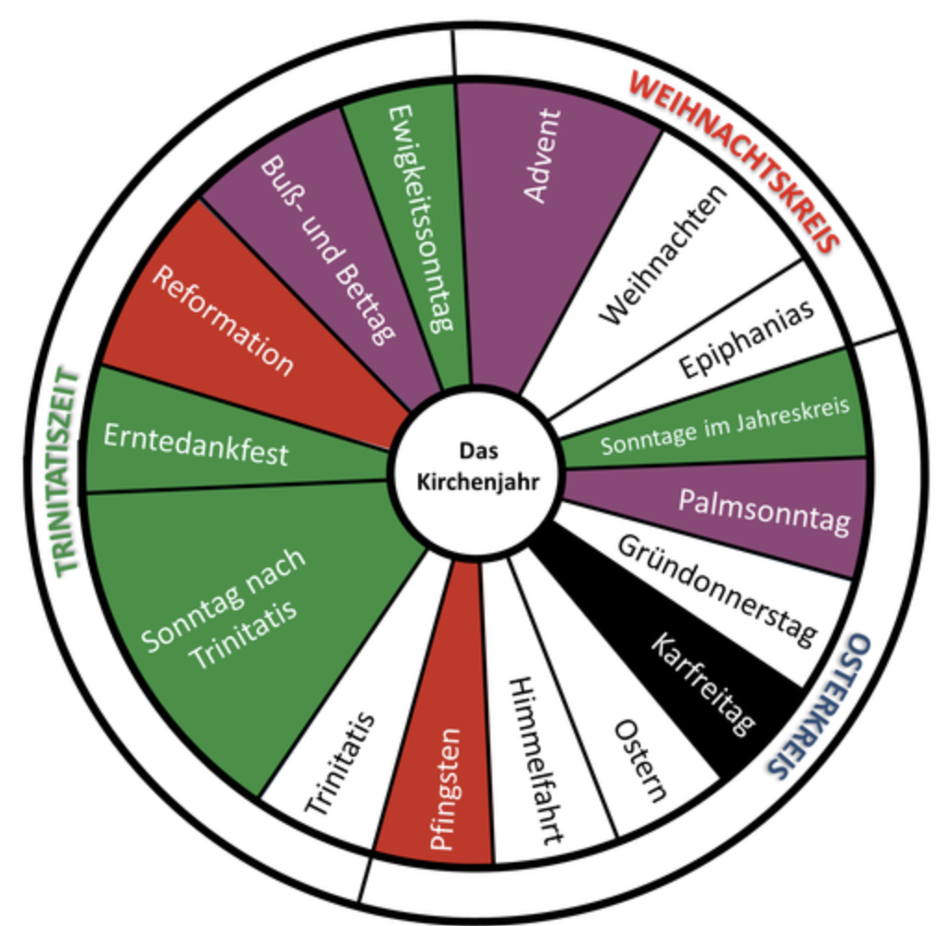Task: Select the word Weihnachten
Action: (x=664, y=255)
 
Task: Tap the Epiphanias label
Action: (x=746, y=338)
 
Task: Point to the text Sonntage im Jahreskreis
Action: (x=725, y=426)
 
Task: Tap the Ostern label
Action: (x=639, y=760)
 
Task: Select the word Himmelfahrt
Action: (x=536, y=760)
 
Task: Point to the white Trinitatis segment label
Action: (x=340, y=764)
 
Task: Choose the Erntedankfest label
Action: (x=196, y=444)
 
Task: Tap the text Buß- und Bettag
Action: (x=328, y=250)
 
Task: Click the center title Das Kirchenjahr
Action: (x=478, y=467)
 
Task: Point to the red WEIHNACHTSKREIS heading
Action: (x=735, y=161)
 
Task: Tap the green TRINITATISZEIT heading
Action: (x=67, y=471)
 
